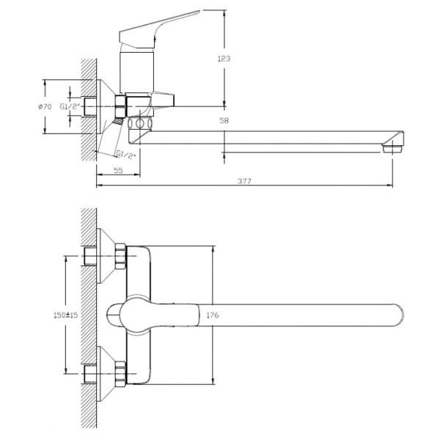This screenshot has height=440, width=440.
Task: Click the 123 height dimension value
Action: pyautogui.click(x=224, y=59)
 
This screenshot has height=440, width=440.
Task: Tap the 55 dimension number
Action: pyautogui.click(x=118, y=170)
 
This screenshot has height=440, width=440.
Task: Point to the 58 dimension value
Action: pyautogui.click(x=224, y=121)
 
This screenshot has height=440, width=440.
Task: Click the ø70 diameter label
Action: pyautogui.click(x=45, y=106)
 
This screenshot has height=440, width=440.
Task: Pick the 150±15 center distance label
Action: pyautogui.click(x=66, y=315)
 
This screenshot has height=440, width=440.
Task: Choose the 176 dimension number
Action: pyautogui.click(x=213, y=315)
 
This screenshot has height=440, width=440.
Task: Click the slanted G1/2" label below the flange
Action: pyautogui.click(x=126, y=155)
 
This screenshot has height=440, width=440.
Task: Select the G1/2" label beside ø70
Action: pyautogui.click(x=70, y=106)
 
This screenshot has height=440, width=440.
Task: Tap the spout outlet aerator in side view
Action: pyautogui.click(x=392, y=149)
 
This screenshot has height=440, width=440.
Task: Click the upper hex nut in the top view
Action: pyautogui.click(x=120, y=257)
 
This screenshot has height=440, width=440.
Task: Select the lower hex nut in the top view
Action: pyautogui.click(x=120, y=374)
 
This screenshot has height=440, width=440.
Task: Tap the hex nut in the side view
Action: pyautogui.click(x=121, y=106)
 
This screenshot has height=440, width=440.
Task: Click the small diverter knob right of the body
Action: pyautogui.click(x=164, y=99)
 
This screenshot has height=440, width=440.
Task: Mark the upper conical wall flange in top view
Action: pyautogui.click(x=106, y=256)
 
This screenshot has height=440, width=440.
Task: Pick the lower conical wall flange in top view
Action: pyautogui.click(x=106, y=374)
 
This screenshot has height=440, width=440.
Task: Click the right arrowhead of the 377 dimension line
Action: pyautogui.click(x=390, y=186)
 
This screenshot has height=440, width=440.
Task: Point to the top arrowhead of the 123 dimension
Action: pyautogui.click(x=224, y=13)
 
